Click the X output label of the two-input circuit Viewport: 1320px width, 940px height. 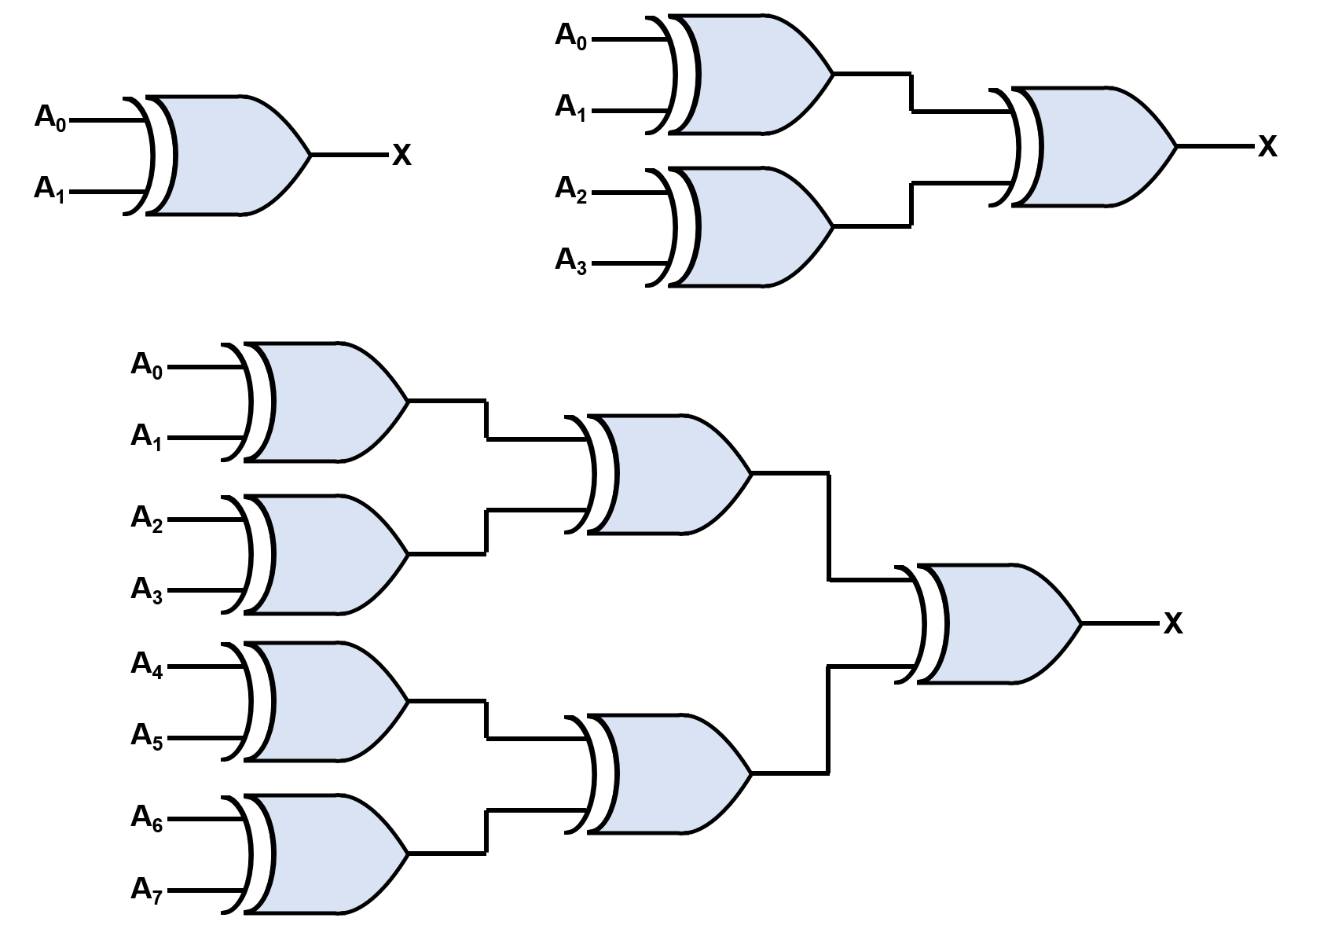pyautogui.click(x=401, y=156)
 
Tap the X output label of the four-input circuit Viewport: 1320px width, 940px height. pyautogui.click(x=1267, y=146)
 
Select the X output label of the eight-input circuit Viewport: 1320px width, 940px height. pyautogui.click(x=1172, y=624)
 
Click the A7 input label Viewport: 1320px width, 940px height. pyautogui.click(x=146, y=890)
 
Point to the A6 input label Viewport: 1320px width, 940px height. pyautogui.click(x=146, y=819)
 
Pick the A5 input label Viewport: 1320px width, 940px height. pyautogui.click(x=146, y=737)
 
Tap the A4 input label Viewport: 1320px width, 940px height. pyautogui.click(x=146, y=666)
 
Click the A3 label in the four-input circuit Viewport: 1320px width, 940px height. pyautogui.click(x=570, y=260)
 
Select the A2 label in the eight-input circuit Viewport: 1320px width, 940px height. pyautogui.click(x=146, y=519)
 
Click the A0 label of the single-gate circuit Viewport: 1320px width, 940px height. pyautogui.click(x=50, y=118)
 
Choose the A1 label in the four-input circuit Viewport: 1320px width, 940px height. pyautogui.click(x=570, y=107)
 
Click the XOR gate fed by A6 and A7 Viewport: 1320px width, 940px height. pyautogui.click(x=330, y=854)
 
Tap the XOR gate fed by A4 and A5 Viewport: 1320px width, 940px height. pyautogui.click(x=330, y=701)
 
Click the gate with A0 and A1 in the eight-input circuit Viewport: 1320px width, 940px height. pyautogui.click(x=330, y=401)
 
